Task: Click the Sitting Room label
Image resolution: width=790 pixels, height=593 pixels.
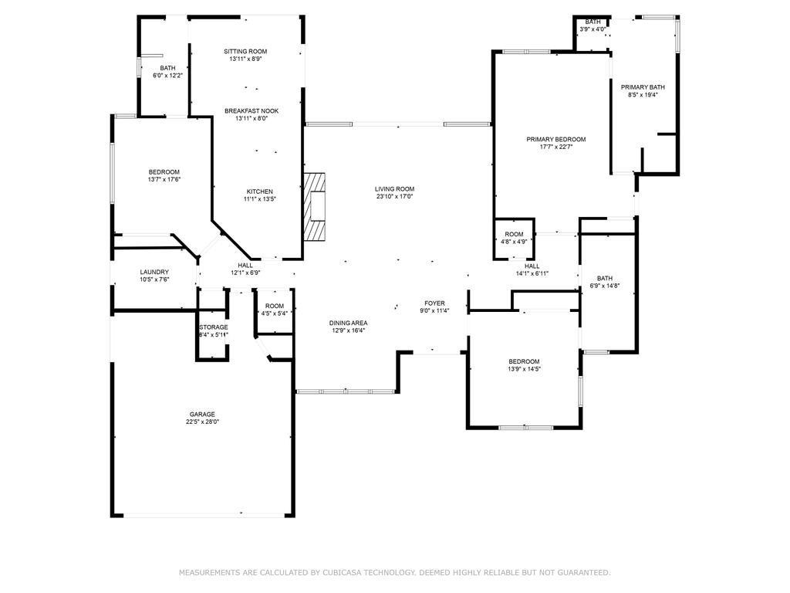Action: point(245,52)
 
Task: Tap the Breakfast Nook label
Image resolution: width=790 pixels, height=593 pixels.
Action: point(252,111)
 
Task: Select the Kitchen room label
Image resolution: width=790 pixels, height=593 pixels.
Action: point(259,191)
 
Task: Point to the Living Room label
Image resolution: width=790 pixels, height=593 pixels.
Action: point(395,188)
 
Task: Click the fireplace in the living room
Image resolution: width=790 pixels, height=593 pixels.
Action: point(315,207)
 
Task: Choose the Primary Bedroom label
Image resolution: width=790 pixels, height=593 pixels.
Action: point(555,140)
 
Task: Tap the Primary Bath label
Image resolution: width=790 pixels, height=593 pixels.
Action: point(643,87)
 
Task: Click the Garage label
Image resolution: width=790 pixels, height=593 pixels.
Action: point(202,414)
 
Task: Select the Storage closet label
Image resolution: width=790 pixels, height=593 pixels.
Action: point(214,327)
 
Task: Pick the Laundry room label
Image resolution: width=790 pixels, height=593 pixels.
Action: point(154,272)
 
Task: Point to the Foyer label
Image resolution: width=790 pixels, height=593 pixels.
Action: point(434,303)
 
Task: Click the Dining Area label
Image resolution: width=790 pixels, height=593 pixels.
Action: point(348,323)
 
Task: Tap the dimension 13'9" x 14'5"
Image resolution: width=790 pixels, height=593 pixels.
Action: point(524,369)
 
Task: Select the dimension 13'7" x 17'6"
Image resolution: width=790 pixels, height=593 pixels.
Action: point(164,180)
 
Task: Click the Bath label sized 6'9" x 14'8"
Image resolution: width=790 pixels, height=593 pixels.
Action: point(604,279)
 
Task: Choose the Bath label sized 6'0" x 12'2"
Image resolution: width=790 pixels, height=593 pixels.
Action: point(167,68)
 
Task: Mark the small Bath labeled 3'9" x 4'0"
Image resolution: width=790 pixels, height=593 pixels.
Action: point(592,22)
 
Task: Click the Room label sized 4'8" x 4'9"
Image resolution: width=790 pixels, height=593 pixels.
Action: point(515,234)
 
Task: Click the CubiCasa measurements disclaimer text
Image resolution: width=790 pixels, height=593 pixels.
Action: point(395,573)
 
